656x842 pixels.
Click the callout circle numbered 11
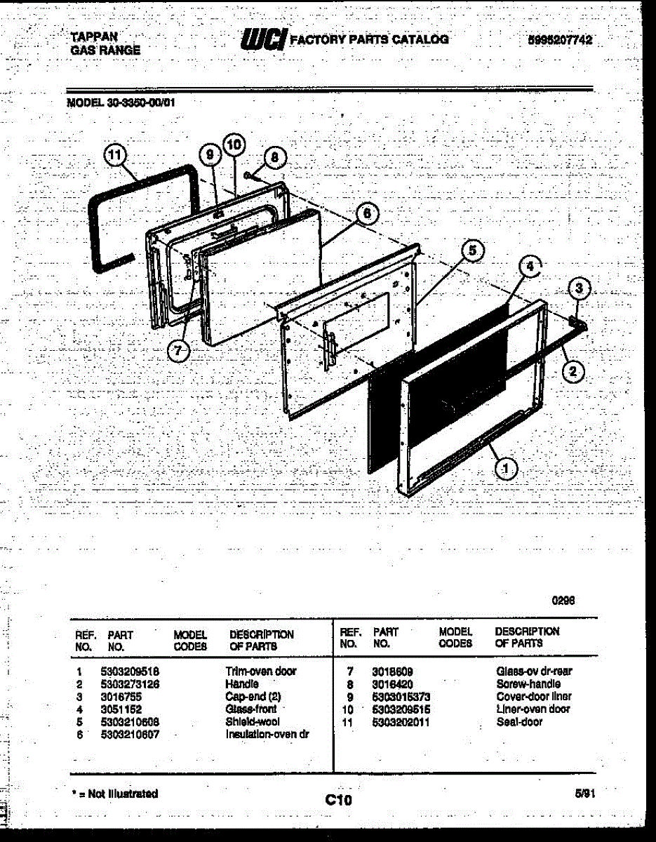coord(114,155)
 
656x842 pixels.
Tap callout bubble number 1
coord(506,468)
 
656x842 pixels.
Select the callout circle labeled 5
coord(472,250)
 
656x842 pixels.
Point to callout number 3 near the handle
coord(579,288)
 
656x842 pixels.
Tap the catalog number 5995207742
coord(559,41)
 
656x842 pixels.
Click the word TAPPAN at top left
coord(94,36)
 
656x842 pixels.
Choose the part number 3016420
coord(393,684)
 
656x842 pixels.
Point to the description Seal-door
coord(519,722)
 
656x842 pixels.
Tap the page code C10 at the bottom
coord(339,799)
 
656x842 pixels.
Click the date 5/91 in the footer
coord(584,793)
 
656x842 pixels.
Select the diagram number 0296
coord(564,600)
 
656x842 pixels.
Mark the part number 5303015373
coord(401,697)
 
